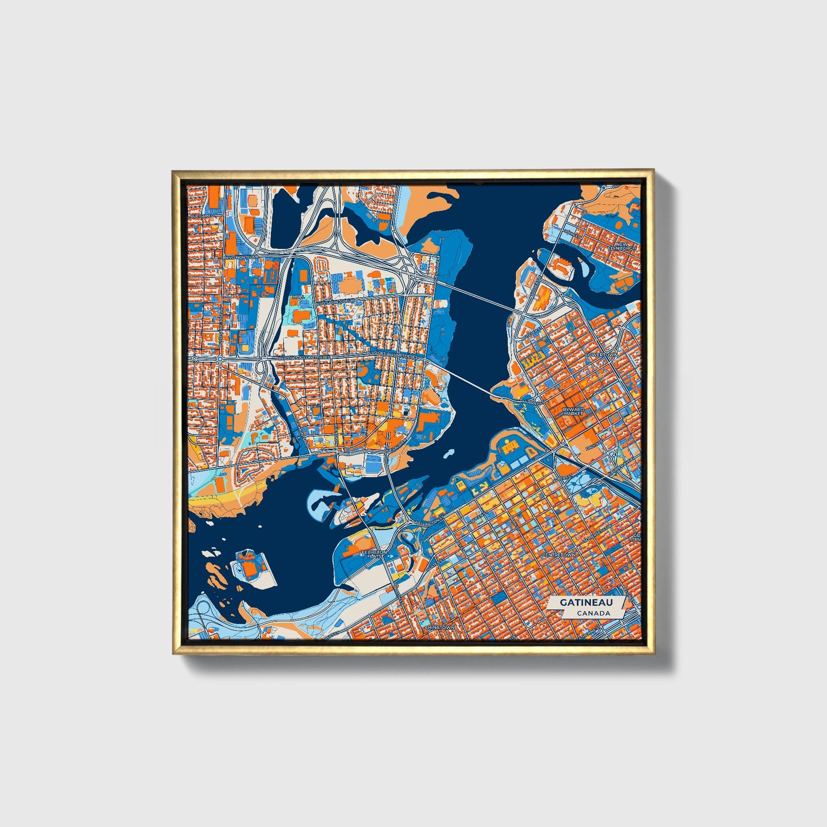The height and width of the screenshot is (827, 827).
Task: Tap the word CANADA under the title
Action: (593, 613)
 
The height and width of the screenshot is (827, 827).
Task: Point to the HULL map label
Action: (298, 298)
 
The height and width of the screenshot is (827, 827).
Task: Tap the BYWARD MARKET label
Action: (573, 411)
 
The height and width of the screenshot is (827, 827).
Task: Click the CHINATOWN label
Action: (439, 627)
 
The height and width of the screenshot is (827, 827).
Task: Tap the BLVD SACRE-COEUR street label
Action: (338, 300)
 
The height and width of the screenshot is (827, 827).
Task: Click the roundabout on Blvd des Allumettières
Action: (220, 359)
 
